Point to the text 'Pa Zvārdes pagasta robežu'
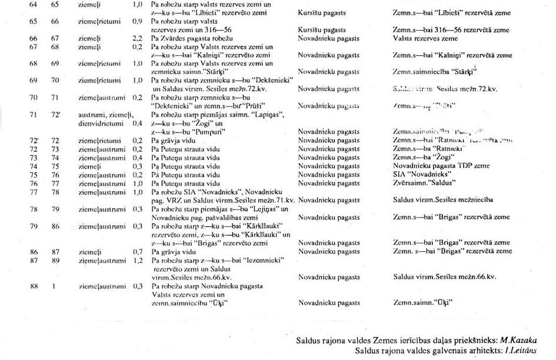pos(184,39)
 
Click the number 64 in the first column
pos(33,4)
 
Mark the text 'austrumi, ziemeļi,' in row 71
pos(106,115)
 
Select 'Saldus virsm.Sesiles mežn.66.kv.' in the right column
pos(444,276)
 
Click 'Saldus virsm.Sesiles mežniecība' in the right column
pos(443,200)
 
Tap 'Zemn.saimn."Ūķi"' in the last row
pos(421,304)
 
